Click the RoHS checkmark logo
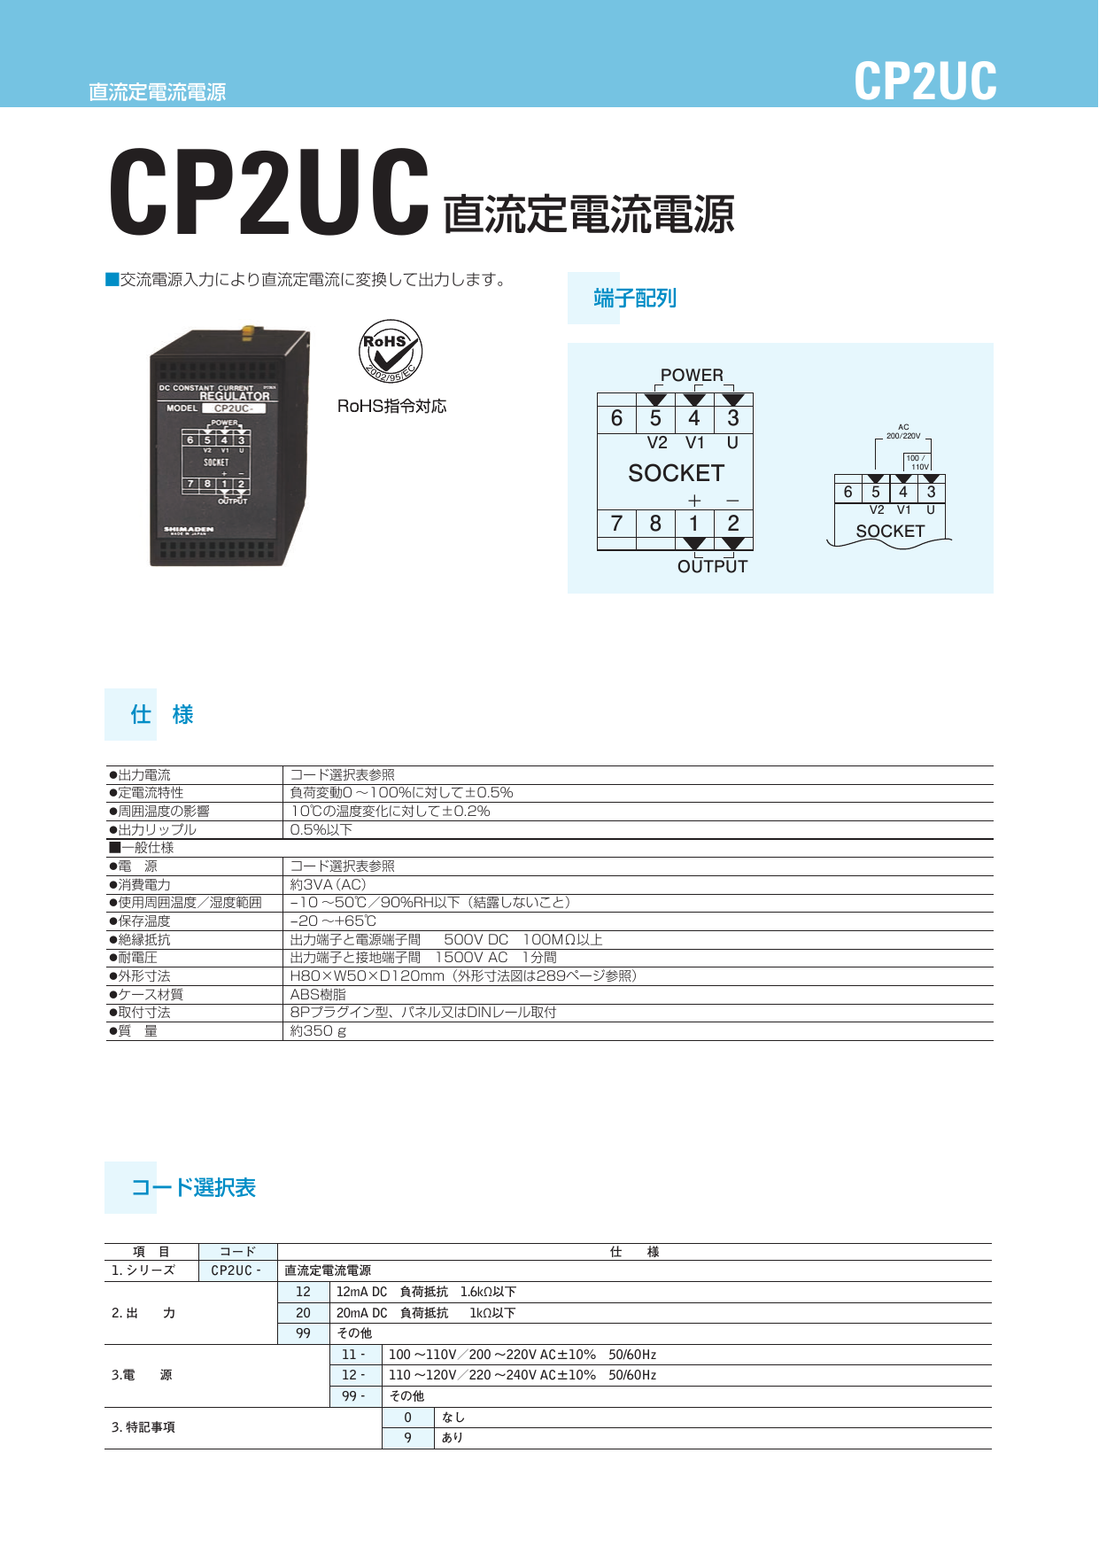point(391,352)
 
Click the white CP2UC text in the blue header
point(925,82)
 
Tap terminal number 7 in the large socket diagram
point(616,524)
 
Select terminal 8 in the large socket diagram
point(655,524)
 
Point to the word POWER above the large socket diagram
point(692,375)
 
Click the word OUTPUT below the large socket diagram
point(712,567)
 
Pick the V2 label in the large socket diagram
point(657,443)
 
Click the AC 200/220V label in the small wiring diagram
point(903,431)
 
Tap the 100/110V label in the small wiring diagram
point(917,462)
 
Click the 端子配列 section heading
point(635,299)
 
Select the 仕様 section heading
point(161,715)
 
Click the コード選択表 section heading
point(193,1188)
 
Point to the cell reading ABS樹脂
point(318,995)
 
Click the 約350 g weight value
point(318,1031)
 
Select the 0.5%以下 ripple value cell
point(321,830)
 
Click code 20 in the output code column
point(303,1313)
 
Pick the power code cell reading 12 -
point(353,1375)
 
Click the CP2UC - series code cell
point(236,1270)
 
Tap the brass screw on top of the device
point(248,332)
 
